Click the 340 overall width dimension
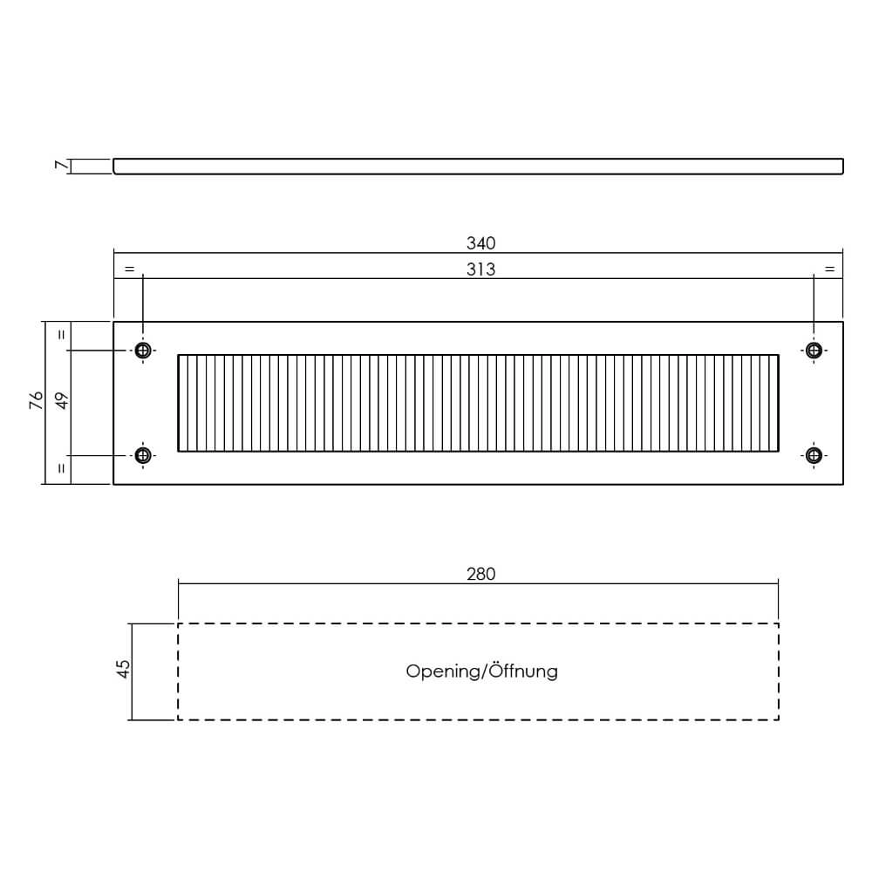(x=480, y=243)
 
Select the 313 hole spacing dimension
(x=480, y=269)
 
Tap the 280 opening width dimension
(x=480, y=574)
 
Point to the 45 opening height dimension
(x=123, y=669)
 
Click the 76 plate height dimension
(x=36, y=400)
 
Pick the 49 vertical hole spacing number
(x=62, y=400)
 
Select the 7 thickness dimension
(x=61, y=165)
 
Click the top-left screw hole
(x=143, y=351)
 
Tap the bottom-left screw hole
(x=143, y=455)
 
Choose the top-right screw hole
(x=814, y=351)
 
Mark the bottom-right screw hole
(x=814, y=455)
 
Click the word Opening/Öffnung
(x=481, y=671)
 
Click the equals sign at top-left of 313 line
(x=129, y=269)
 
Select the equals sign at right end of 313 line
(x=829, y=269)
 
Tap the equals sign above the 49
(x=62, y=335)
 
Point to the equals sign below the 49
(x=62, y=468)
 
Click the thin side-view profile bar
(x=478, y=167)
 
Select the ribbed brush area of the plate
(x=478, y=403)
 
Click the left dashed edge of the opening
(x=178, y=671)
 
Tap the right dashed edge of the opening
(x=779, y=671)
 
